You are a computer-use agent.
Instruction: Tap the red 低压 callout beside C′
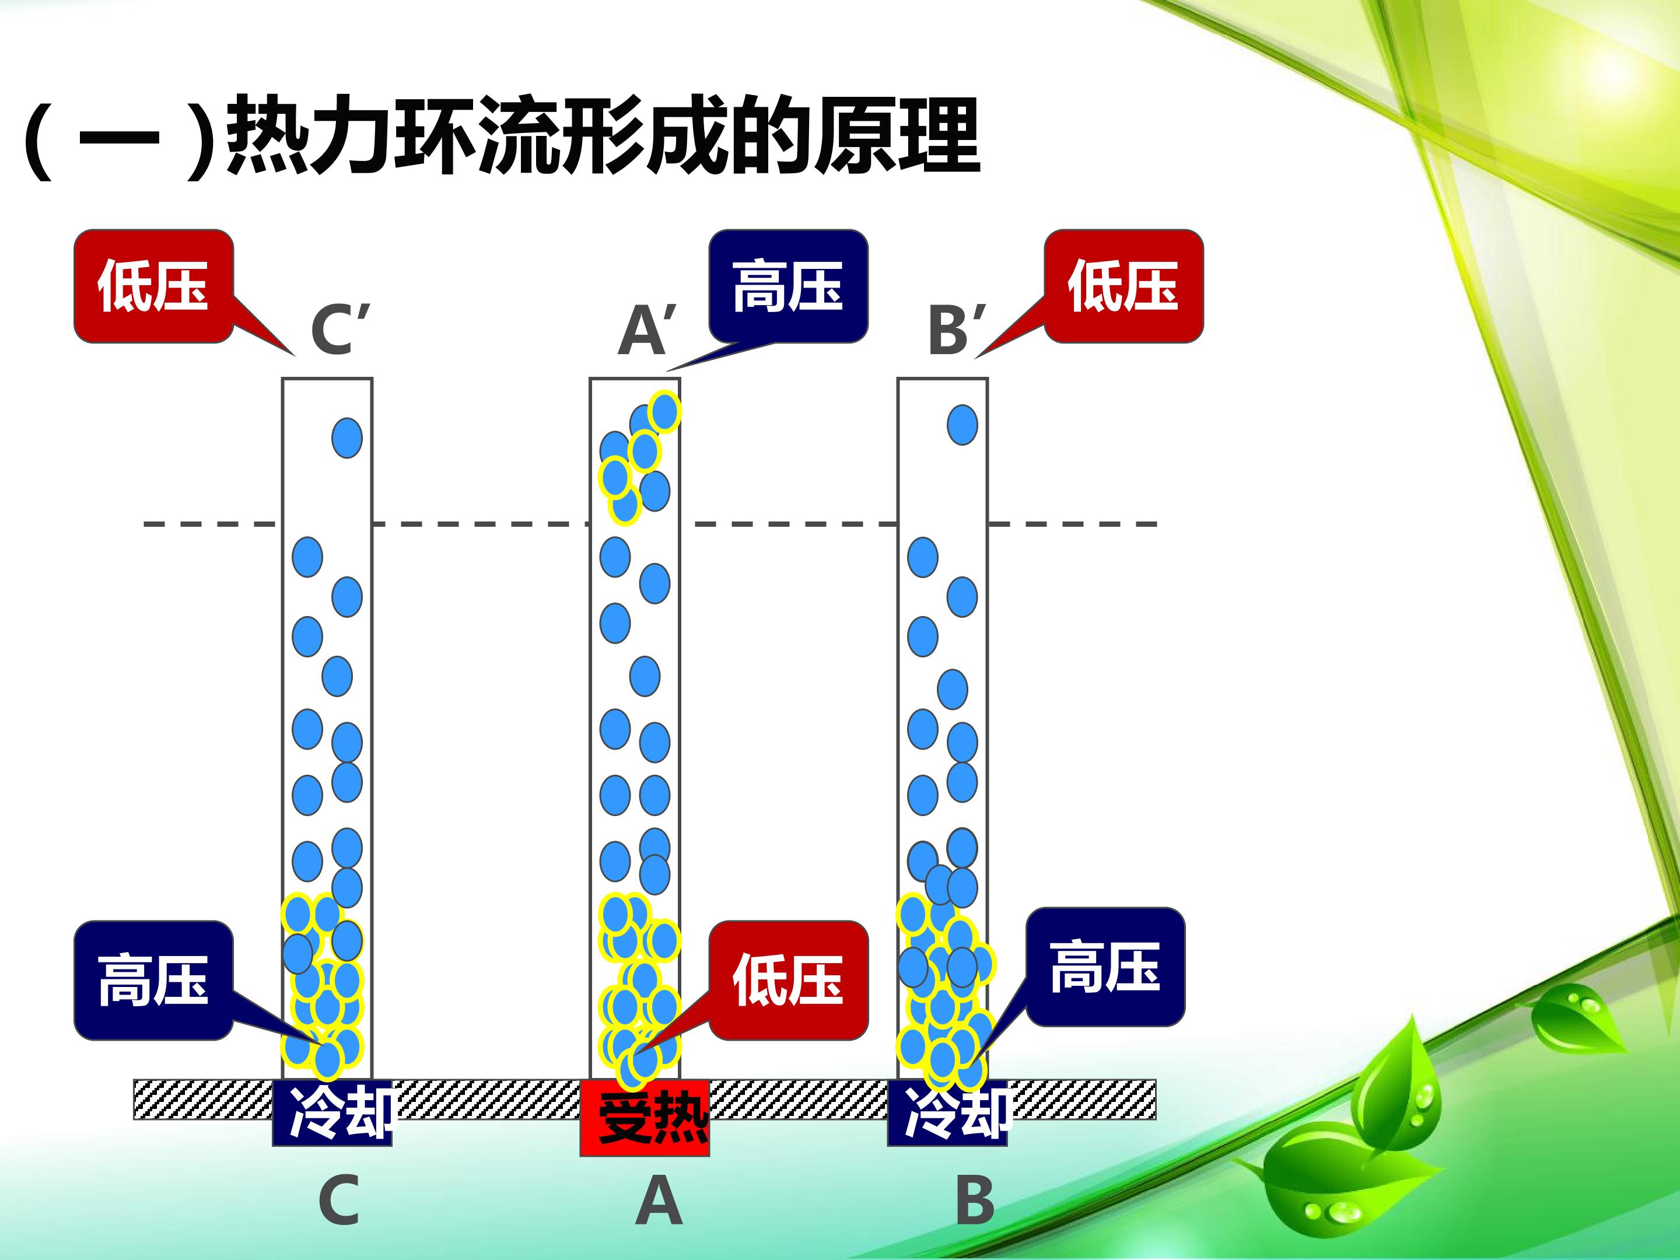click(153, 286)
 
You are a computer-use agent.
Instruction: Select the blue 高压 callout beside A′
click(788, 286)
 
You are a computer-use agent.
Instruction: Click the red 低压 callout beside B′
click(1124, 286)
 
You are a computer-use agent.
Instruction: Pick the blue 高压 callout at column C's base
click(153, 980)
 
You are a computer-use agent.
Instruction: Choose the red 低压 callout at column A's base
click(788, 980)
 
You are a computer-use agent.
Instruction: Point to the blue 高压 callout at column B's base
click(1105, 966)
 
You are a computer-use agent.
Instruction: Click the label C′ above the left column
click(339, 330)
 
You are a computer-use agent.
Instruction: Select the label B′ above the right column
click(958, 330)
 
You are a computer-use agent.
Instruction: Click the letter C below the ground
click(339, 1200)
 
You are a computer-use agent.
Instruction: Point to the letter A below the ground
click(659, 1200)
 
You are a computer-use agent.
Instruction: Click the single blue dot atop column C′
click(347, 438)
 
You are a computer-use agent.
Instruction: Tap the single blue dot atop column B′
click(963, 425)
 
